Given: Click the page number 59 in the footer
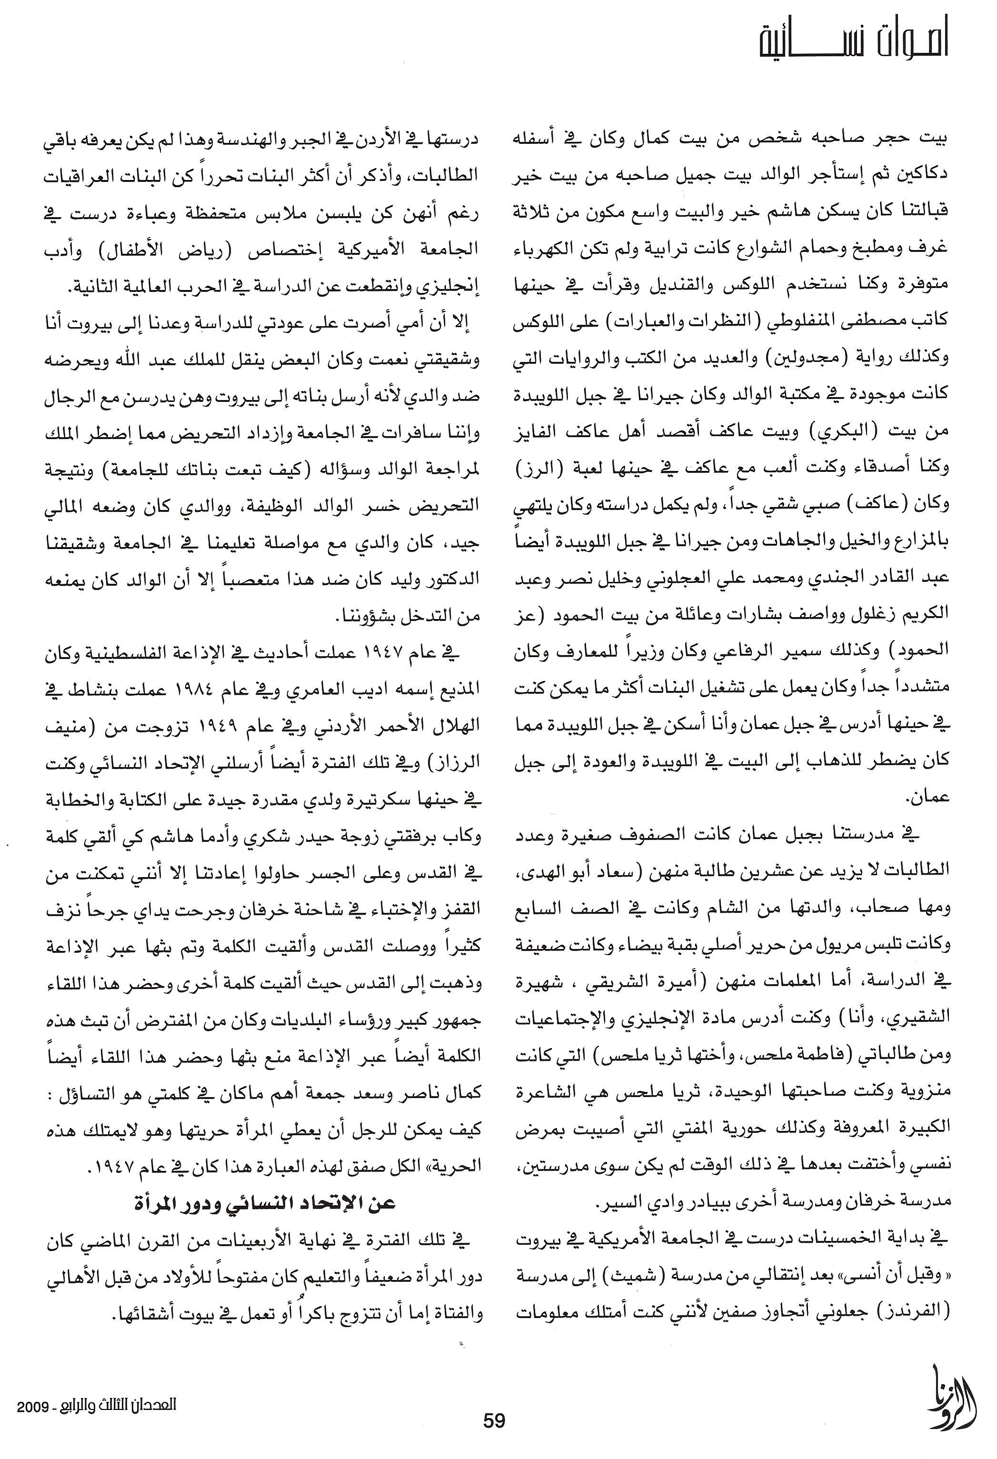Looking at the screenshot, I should pos(494,1420).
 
